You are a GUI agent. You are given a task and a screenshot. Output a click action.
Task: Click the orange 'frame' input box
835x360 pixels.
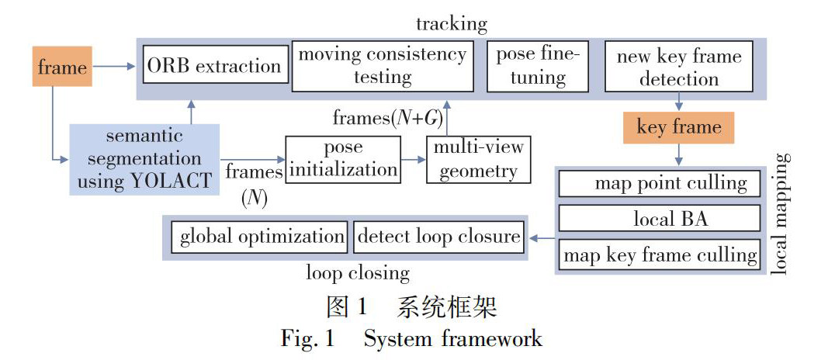click(x=62, y=66)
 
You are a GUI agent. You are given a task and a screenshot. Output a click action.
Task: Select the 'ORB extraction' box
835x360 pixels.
click(x=215, y=65)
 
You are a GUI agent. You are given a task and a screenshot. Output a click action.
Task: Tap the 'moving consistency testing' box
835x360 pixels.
click(x=383, y=65)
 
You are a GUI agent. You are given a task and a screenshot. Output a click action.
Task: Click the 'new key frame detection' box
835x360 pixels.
click(x=679, y=67)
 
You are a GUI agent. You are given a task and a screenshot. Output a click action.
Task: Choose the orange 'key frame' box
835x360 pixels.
click(x=679, y=126)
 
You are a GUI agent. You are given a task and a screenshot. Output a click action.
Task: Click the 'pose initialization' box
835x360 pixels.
click(x=343, y=159)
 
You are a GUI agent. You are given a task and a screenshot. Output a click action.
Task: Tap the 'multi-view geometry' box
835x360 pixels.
click(x=478, y=159)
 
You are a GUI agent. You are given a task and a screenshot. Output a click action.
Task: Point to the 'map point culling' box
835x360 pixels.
click(x=659, y=183)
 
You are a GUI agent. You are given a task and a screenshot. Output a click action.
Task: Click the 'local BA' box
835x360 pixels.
click(x=659, y=219)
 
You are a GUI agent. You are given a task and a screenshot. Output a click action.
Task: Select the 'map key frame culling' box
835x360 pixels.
click(x=659, y=254)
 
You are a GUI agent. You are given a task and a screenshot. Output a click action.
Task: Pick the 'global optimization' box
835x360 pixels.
click(x=262, y=236)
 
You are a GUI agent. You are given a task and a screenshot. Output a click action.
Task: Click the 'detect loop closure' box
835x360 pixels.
click(x=438, y=236)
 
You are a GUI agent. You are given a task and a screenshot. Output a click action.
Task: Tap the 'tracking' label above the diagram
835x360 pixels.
click(x=451, y=23)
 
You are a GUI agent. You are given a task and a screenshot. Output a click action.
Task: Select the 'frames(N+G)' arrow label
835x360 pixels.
click(x=383, y=118)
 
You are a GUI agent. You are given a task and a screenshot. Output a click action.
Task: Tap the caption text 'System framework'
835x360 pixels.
click(x=452, y=339)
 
